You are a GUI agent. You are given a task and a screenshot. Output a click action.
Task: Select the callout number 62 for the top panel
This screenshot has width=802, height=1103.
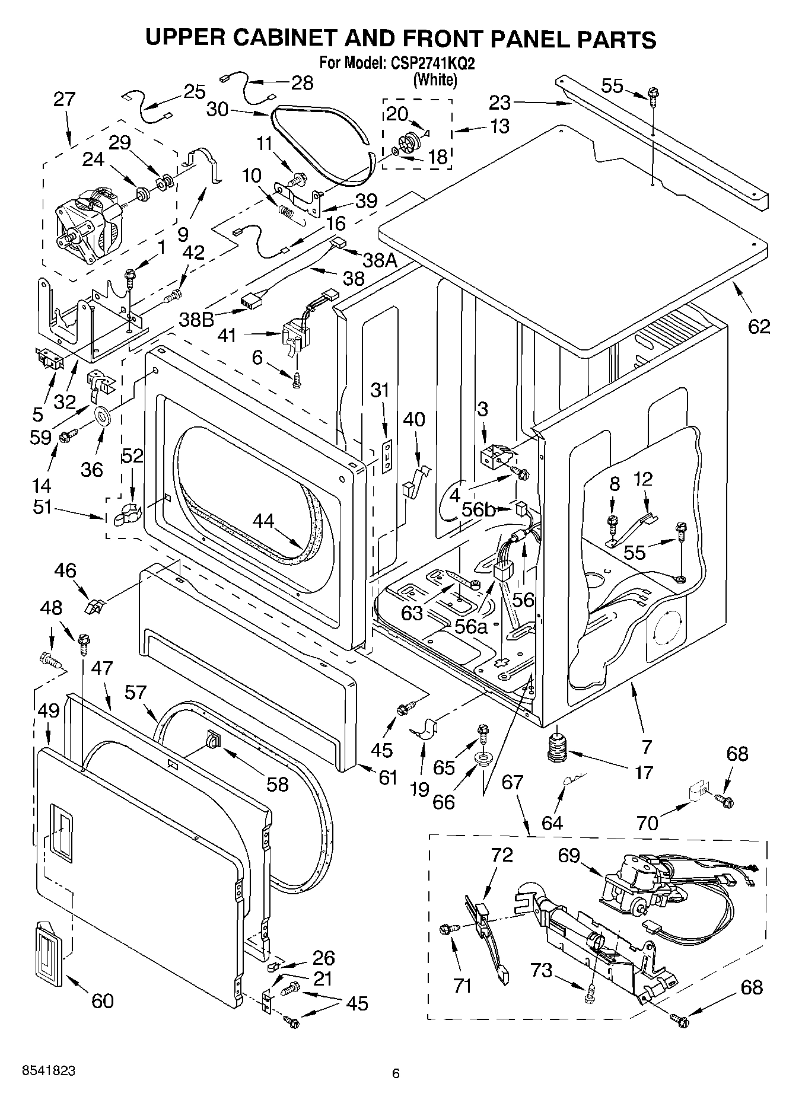click(759, 326)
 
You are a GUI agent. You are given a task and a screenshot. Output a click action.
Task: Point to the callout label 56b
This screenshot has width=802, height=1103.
click(478, 509)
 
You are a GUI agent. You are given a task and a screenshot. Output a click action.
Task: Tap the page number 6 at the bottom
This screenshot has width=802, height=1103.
click(396, 1072)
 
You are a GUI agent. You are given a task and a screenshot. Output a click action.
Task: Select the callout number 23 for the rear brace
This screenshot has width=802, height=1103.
click(499, 103)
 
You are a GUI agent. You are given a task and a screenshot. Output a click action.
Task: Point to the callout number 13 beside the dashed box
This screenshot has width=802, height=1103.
click(499, 126)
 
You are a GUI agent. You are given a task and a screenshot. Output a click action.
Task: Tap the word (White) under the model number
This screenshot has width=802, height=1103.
click(435, 79)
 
